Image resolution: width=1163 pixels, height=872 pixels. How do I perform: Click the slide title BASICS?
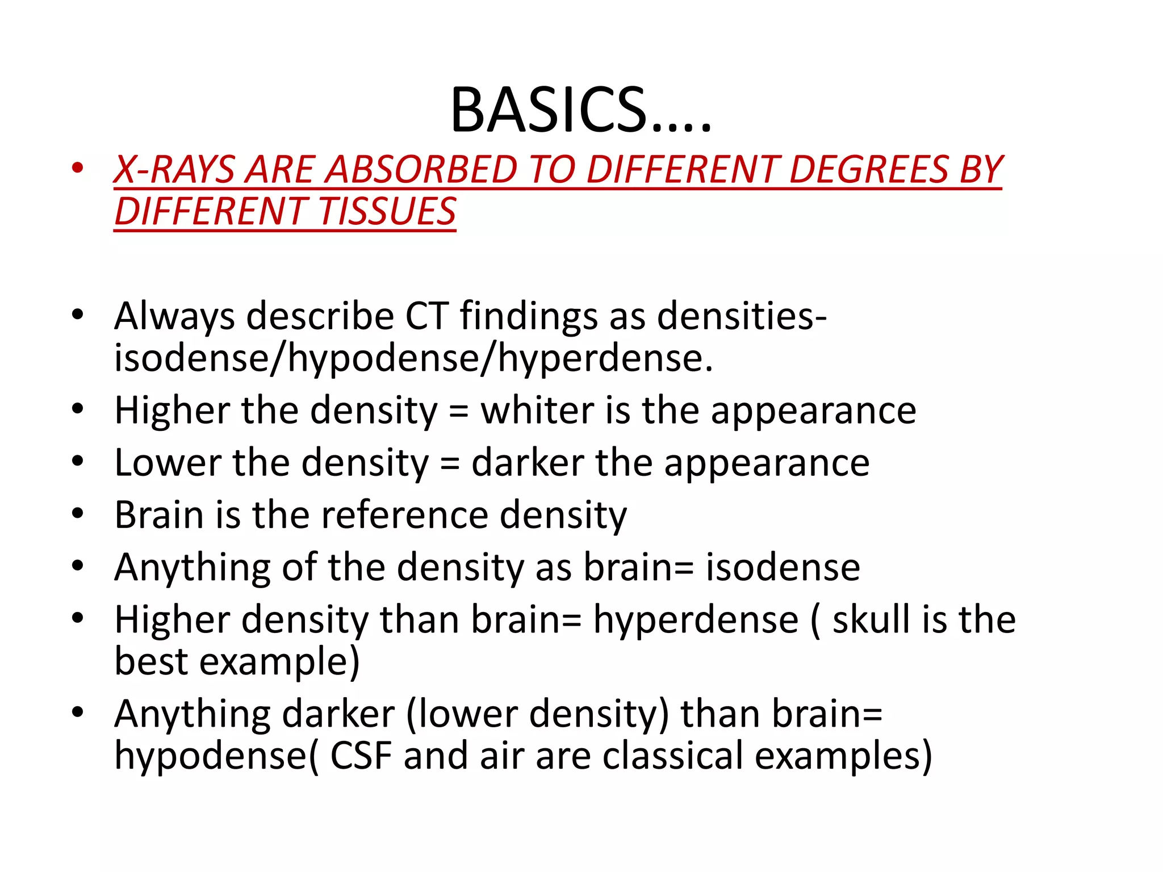coord(580,110)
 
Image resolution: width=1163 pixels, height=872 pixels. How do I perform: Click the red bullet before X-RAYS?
coord(78,168)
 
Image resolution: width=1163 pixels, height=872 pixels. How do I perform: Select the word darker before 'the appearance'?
coord(528,463)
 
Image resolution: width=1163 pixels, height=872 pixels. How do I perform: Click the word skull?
coord(871,619)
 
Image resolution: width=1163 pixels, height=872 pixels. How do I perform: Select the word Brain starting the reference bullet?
coord(159,515)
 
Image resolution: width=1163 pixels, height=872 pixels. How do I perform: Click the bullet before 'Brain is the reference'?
coord(78,514)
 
